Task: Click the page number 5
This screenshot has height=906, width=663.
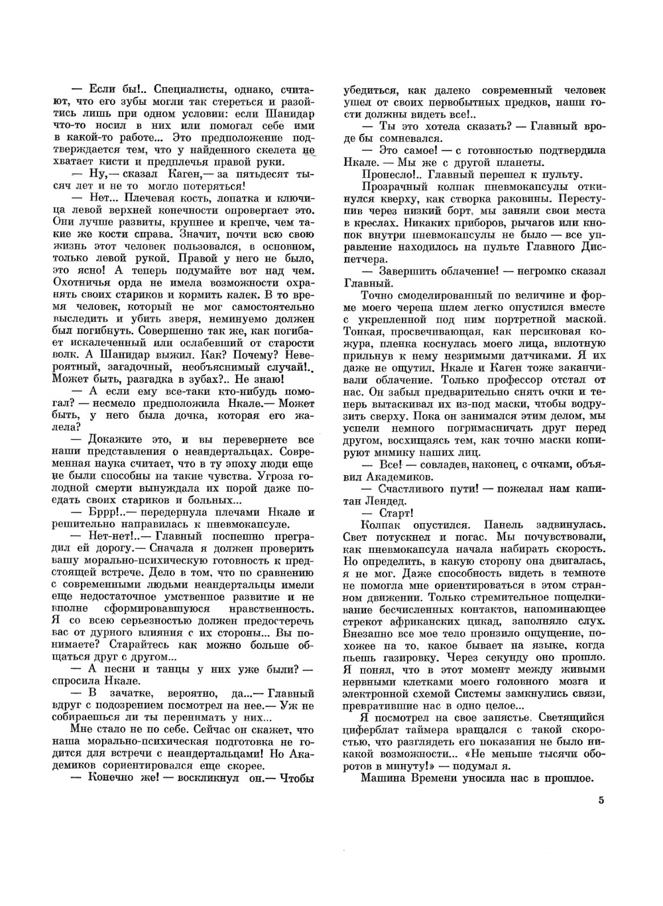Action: [600, 800]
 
